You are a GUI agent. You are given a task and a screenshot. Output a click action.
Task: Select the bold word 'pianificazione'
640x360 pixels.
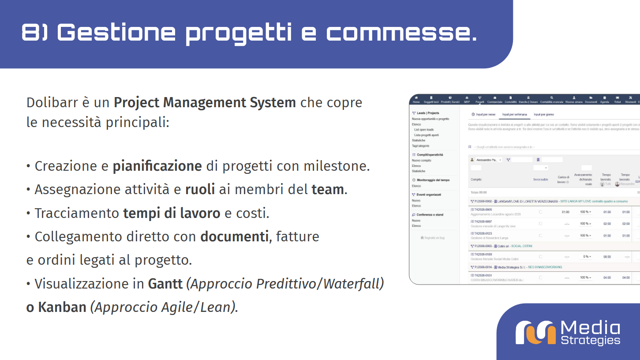(x=157, y=166)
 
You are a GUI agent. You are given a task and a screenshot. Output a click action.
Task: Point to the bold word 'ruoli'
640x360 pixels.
(x=200, y=190)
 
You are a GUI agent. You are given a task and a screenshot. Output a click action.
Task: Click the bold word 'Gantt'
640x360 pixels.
(x=165, y=284)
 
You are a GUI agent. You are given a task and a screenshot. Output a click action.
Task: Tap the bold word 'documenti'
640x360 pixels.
(x=234, y=237)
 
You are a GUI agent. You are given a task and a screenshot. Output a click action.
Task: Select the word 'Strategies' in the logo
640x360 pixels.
(x=591, y=340)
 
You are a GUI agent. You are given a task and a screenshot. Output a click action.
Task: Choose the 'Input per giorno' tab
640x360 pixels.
(x=543, y=115)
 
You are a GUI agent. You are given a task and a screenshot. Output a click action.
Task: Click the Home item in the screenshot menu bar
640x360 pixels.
(x=416, y=100)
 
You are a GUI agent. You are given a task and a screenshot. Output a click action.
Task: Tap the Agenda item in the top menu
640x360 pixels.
(x=604, y=100)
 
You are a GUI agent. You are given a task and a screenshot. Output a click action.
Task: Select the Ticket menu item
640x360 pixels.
(x=618, y=100)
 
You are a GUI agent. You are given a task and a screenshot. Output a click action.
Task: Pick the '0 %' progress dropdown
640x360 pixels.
(x=587, y=256)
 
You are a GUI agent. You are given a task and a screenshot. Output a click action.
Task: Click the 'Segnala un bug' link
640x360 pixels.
(x=433, y=238)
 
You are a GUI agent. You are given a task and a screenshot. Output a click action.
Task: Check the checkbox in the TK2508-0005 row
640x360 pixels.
(x=541, y=212)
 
